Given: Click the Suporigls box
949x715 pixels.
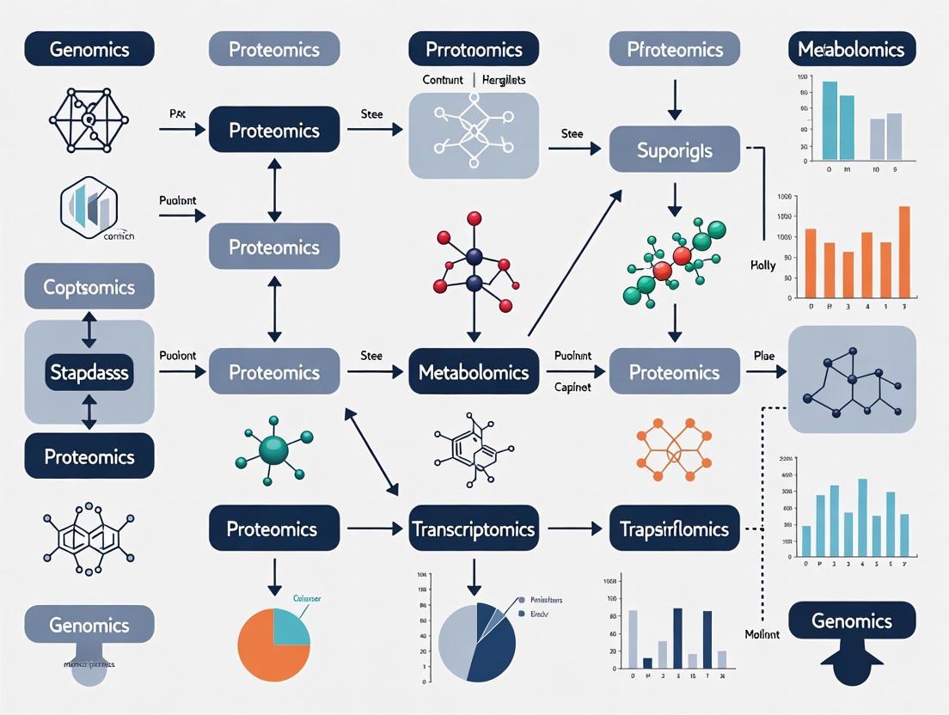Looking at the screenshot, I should click(x=674, y=149).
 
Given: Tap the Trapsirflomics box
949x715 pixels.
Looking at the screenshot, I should click(x=674, y=529).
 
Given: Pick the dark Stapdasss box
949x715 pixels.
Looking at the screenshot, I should click(x=89, y=372).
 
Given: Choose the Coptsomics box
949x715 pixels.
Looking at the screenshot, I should click(x=89, y=286).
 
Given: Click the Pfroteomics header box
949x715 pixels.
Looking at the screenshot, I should click(x=674, y=49).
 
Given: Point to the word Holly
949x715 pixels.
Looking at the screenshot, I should click(x=762, y=266).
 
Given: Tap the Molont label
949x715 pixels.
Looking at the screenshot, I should click(x=762, y=634).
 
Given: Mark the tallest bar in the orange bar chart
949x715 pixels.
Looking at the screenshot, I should click(x=903, y=252).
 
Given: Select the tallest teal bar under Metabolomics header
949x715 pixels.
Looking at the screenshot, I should click(x=830, y=120).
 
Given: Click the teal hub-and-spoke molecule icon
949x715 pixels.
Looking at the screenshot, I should click(x=273, y=449).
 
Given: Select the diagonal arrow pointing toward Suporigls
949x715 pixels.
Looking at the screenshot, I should click(x=573, y=262).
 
